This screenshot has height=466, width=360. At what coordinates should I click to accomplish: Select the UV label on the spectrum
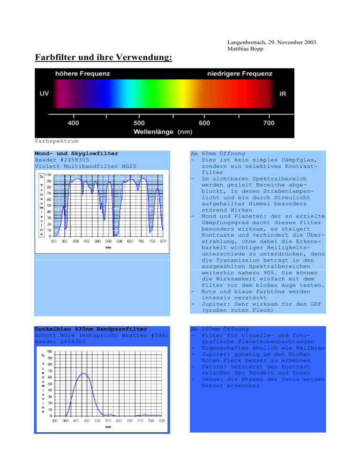pyautogui.click(x=44, y=94)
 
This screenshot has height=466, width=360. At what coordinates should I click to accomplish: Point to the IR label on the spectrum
pyautogui.click(x=283, y=94)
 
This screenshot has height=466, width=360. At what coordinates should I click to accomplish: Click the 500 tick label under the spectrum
pyautogui.click(x=139, y=123)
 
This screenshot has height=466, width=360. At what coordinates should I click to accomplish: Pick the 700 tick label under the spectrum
pyautogui.click(x=268, y=123)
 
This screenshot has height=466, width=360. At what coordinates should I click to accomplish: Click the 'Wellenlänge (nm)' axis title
pyautogui.click(x=163, y=132)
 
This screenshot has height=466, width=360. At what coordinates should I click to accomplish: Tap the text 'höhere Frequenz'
pyautogui.click(x=83, y=74)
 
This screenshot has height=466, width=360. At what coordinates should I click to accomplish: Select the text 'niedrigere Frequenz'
pyautogui.click(x=240, y=74)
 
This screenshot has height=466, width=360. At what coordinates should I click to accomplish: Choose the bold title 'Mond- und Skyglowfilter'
pyautogui.click(x=76, y=153)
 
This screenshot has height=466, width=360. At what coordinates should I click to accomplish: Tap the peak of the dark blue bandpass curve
pyautogui.click(x=83, y=374)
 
